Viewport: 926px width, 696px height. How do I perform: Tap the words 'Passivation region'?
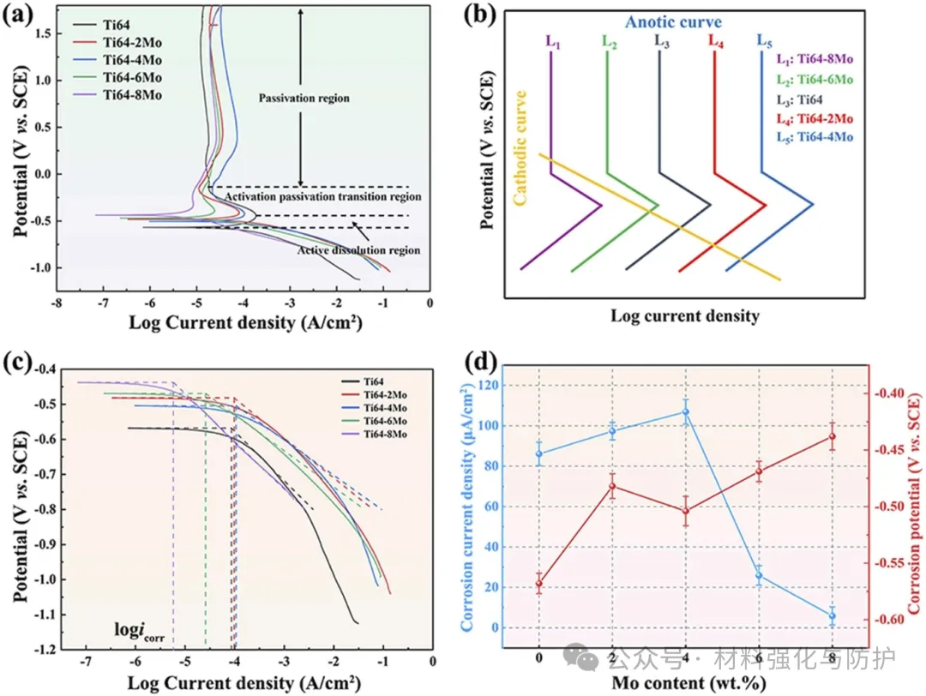[304, 99]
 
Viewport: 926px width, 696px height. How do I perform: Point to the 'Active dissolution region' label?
[358, 250]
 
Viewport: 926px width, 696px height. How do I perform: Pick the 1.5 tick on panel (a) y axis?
[38, 33]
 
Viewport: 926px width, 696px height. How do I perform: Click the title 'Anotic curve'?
[673, 22]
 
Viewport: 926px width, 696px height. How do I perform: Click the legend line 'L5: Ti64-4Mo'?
[815, 137]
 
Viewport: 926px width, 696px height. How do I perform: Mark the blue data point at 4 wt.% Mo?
[686, 411]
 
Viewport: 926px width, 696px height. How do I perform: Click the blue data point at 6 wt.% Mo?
[759, 576]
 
